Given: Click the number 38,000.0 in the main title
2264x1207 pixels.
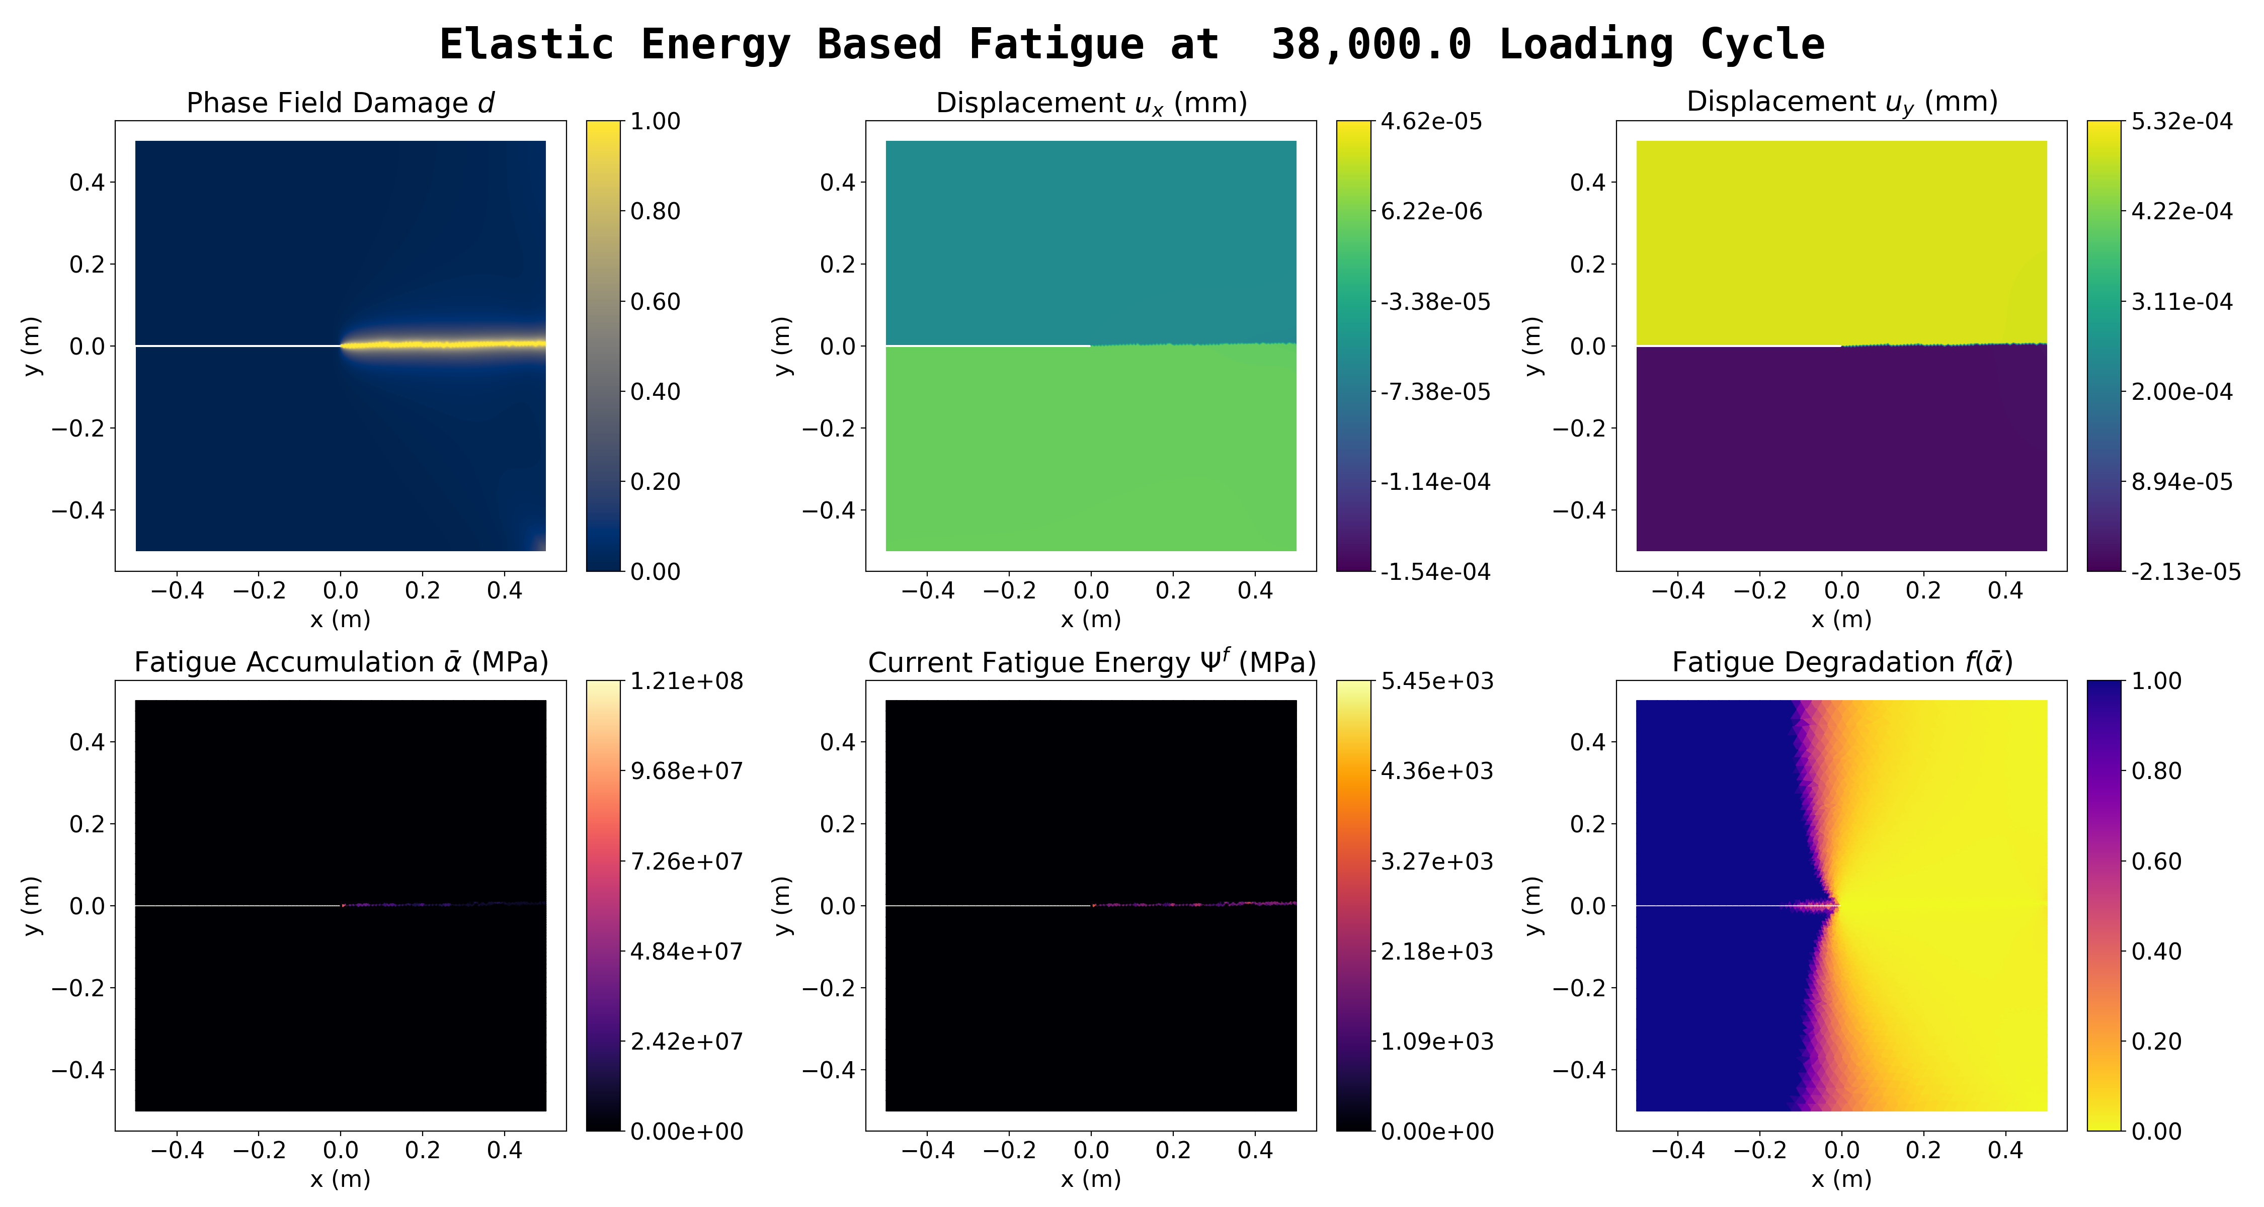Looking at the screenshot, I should pos(1371,44).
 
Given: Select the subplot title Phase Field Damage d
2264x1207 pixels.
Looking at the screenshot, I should pos(340,103).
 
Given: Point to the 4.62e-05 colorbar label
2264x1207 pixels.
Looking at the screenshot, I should pos(1431,121).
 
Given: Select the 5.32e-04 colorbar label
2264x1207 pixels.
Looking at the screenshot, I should pos(2181,121).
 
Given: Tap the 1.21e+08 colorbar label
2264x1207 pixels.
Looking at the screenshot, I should pos(686,681).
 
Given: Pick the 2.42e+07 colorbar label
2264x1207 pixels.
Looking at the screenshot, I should pos(686,1041).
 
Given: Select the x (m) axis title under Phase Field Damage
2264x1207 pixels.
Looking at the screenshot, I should pos(340,619).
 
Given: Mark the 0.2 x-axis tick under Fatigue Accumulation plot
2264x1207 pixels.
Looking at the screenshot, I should pos(423,1150).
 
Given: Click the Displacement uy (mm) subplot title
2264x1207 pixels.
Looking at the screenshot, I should pos(1842,103).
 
